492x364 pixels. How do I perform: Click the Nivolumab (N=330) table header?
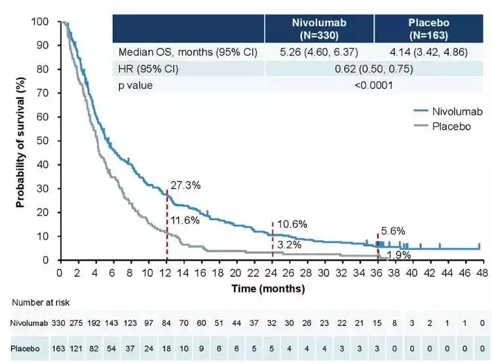pos(319,28)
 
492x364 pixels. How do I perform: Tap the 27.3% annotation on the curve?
pos(185,185)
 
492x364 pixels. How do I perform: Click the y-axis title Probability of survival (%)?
pos(20,140)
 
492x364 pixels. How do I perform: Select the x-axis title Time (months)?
pos(268,288)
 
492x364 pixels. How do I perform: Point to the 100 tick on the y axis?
pos(41,22)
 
